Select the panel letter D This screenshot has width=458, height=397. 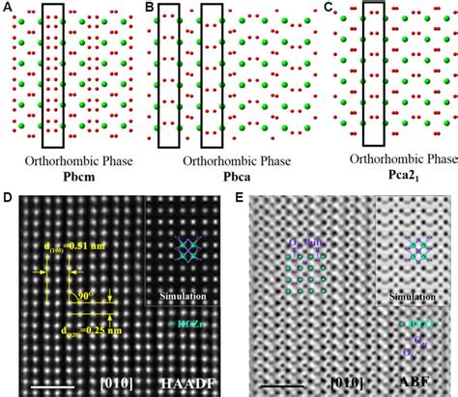point(9,201)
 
